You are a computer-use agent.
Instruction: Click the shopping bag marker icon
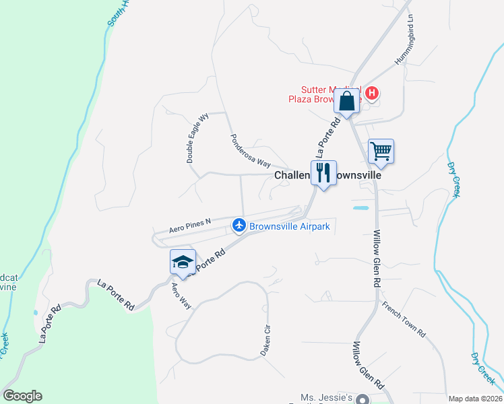tap(346, 102)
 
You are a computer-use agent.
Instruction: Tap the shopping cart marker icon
tap(381, 151)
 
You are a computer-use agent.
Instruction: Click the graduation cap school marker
tap(183, 262)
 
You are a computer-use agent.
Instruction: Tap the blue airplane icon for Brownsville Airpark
tap(239, 226)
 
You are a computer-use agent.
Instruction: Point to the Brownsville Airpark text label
tap(290, 226)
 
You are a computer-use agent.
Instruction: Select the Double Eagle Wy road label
tap(198, 138)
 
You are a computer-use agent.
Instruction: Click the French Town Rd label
tap(404, 319)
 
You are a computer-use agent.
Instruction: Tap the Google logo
tap(22, 396)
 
